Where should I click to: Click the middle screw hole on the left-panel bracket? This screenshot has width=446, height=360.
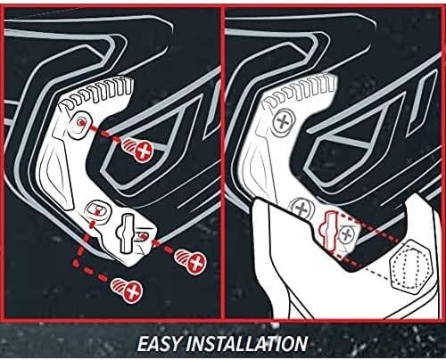(x=93, y=209)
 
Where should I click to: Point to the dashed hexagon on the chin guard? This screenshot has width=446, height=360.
(x=408, y=265)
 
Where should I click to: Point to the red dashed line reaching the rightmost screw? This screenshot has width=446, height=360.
(x=161, y=245)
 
